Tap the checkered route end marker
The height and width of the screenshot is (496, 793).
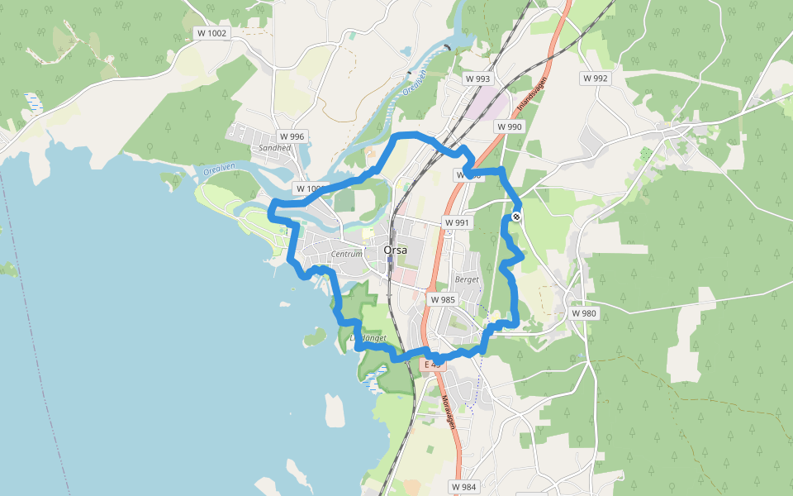[x=516, y=217]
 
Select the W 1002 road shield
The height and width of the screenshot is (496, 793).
[x=211, y=33]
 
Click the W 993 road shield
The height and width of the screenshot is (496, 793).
[x=477, y=79]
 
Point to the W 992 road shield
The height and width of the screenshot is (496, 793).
[x=595, y=79]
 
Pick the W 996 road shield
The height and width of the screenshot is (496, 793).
[x=292, y=136]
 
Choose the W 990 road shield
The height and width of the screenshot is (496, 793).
[x=510, y=126]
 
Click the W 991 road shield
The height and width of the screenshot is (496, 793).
[x=456, y=222]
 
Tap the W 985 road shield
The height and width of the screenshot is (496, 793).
[x=443, y=299]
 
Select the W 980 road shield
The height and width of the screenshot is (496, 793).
[x=583, y=313]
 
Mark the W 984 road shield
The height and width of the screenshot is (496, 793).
[x=466, y=486]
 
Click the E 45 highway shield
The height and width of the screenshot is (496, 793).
[x=433, y=365]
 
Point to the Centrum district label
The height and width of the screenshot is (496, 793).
[x=346, y=254]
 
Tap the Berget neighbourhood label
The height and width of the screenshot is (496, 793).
[x=467, y=279]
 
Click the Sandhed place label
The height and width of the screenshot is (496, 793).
[x=275, y=148]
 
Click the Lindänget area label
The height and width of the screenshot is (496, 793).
[x=368, y=338]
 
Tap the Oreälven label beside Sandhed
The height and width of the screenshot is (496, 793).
[x=219, y=170]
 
